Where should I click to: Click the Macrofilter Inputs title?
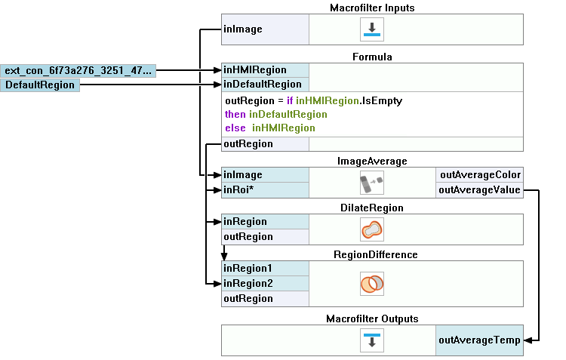[x=372, y=8]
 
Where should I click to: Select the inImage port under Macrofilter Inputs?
[x=265, y=29]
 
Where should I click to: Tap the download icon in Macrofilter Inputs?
[x=372, y=29]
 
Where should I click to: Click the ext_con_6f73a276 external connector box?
[x=78, y=71]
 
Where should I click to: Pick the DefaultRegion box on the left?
[x=40, y=85]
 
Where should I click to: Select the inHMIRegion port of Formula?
[x=265, y=70]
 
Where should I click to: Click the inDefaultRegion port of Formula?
[x=265, y=85]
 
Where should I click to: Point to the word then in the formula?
[x=235, y=114]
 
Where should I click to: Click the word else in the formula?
[x=235, y=128]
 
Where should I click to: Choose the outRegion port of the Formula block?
[x=265, y=143]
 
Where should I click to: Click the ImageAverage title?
[x=372, y=162]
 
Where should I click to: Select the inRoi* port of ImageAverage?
[x=265, y=189]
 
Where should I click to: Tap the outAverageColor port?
[x=480, y=175]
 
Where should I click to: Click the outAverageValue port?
[x=480, y=189]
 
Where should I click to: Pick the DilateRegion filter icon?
[x=372, y=229]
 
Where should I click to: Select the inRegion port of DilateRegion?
[x=265, y=222]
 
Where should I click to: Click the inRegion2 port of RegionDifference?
[x=265, y=283]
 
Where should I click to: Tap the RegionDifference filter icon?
[x=372, y=283]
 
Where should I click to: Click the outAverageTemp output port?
[x=479, y=340]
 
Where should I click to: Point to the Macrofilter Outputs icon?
[x=372, y=340]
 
